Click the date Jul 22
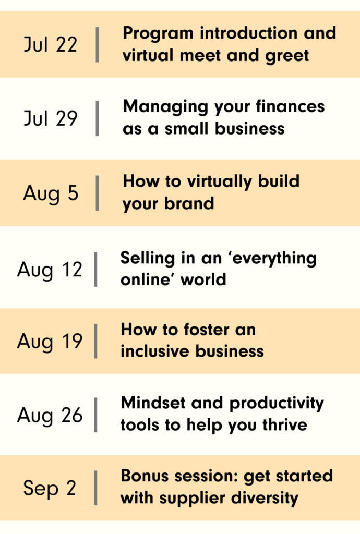51,45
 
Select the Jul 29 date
51,118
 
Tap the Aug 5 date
51,193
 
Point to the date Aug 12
50,270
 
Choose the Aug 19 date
50,342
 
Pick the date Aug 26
50,416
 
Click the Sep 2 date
50,488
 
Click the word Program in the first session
158,34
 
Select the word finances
290,106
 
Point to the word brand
189,203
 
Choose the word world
203,280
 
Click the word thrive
285,424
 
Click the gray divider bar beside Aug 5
98,193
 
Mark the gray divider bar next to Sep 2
95,488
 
